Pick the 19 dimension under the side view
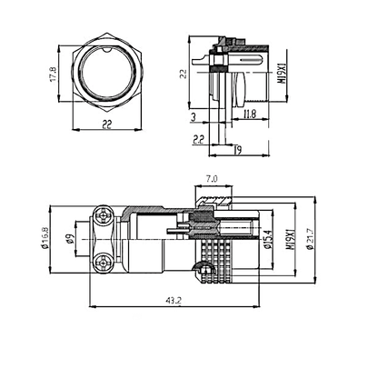[236, 150]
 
